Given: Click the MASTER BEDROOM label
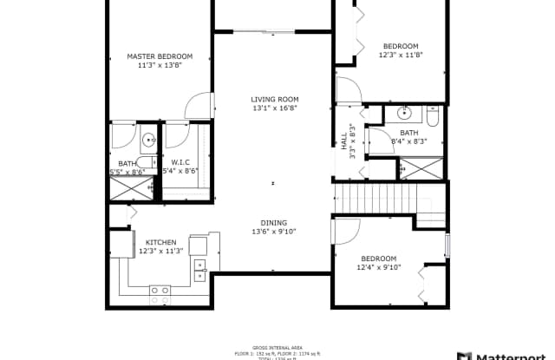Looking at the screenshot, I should (x=160, y=56).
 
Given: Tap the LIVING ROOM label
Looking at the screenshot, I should (x=274, y=100).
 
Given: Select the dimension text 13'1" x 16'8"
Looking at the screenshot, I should (x=274, y=109).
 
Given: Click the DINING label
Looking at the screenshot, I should (x=274, y=222).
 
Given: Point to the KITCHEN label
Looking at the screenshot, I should (x=160, y=242).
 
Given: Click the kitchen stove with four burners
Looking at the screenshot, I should (x=160, y=291).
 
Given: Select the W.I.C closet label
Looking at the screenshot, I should (x=180, y=162).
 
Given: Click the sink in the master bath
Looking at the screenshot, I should (x=147, y=138).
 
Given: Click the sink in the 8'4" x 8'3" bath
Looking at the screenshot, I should (x=405, y=113).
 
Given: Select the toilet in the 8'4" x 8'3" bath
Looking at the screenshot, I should (x=433, y=113).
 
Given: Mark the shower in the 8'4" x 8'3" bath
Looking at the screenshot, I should (x=420, y=168).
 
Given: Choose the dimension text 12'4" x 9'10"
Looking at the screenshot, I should (x=379, y=267).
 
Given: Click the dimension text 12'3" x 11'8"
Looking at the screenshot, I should (x=401, y=56).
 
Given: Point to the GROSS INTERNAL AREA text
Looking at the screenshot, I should (x=275, y=346).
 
